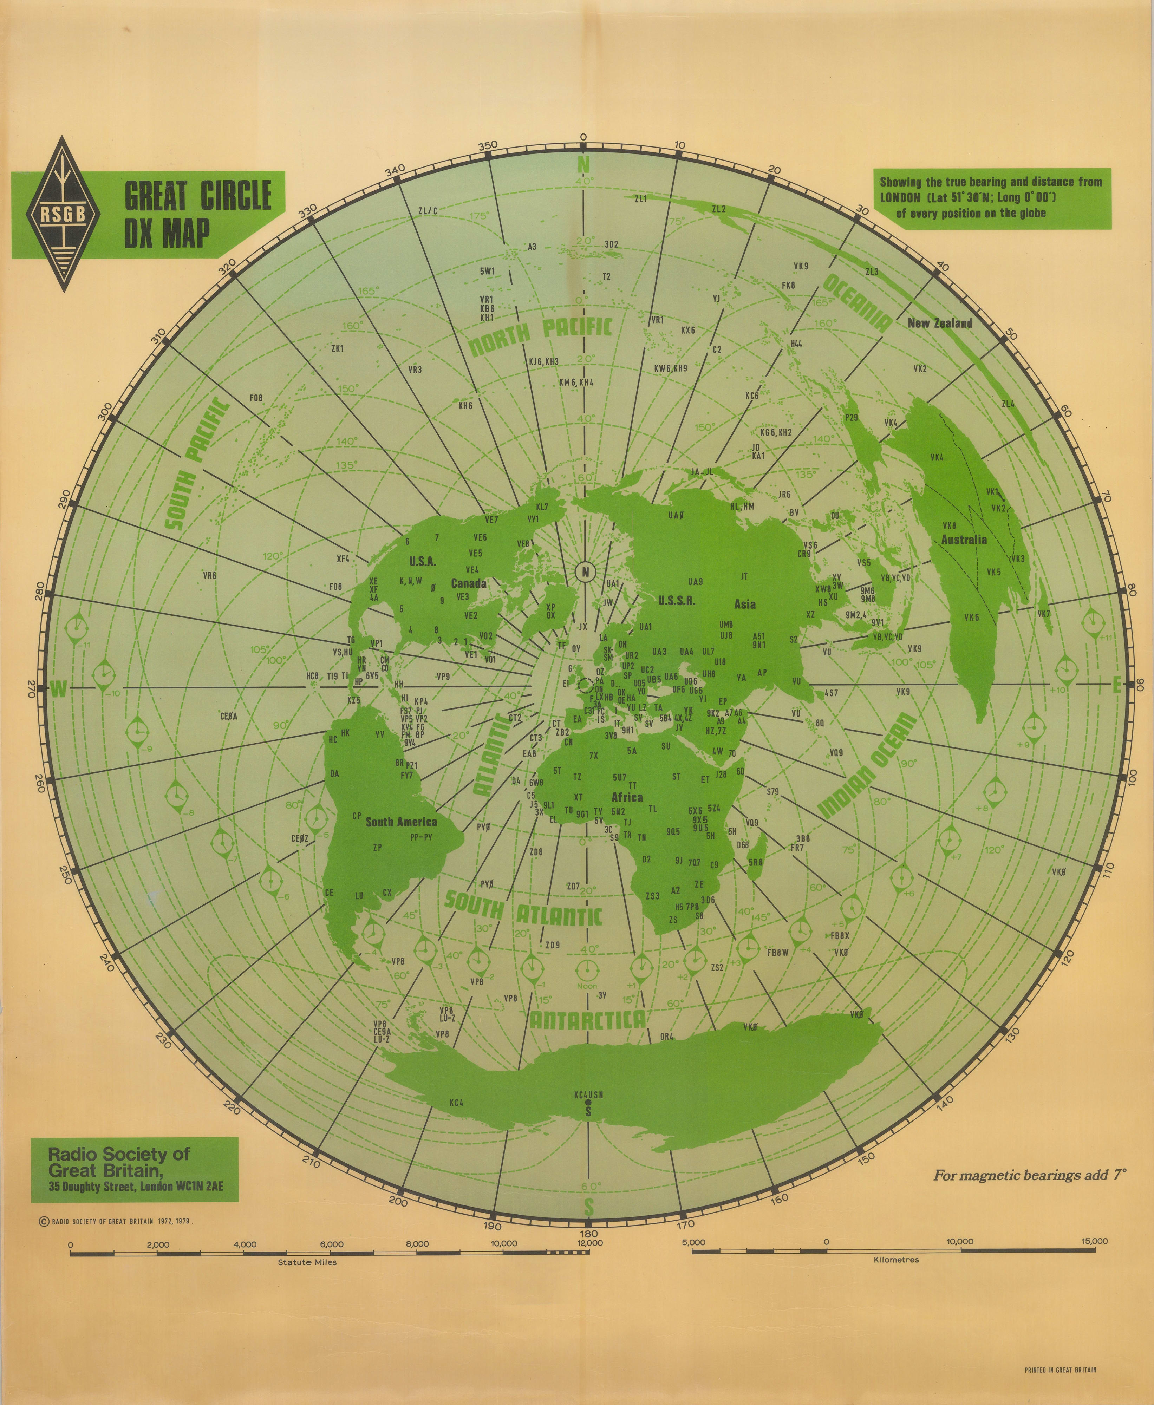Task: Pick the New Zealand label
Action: point(939,324)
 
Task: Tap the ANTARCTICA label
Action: point(587,1021)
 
